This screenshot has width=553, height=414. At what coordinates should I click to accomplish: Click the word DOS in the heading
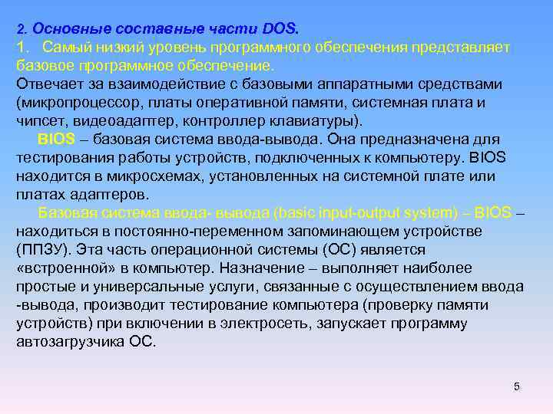click(x=280, y=29)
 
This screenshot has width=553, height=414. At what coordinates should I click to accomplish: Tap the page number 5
click(x=517, y=386)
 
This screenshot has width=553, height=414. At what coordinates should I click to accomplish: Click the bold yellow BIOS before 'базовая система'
click(x=55, y=140)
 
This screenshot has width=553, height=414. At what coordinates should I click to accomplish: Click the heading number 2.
click(x=21, y=29)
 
